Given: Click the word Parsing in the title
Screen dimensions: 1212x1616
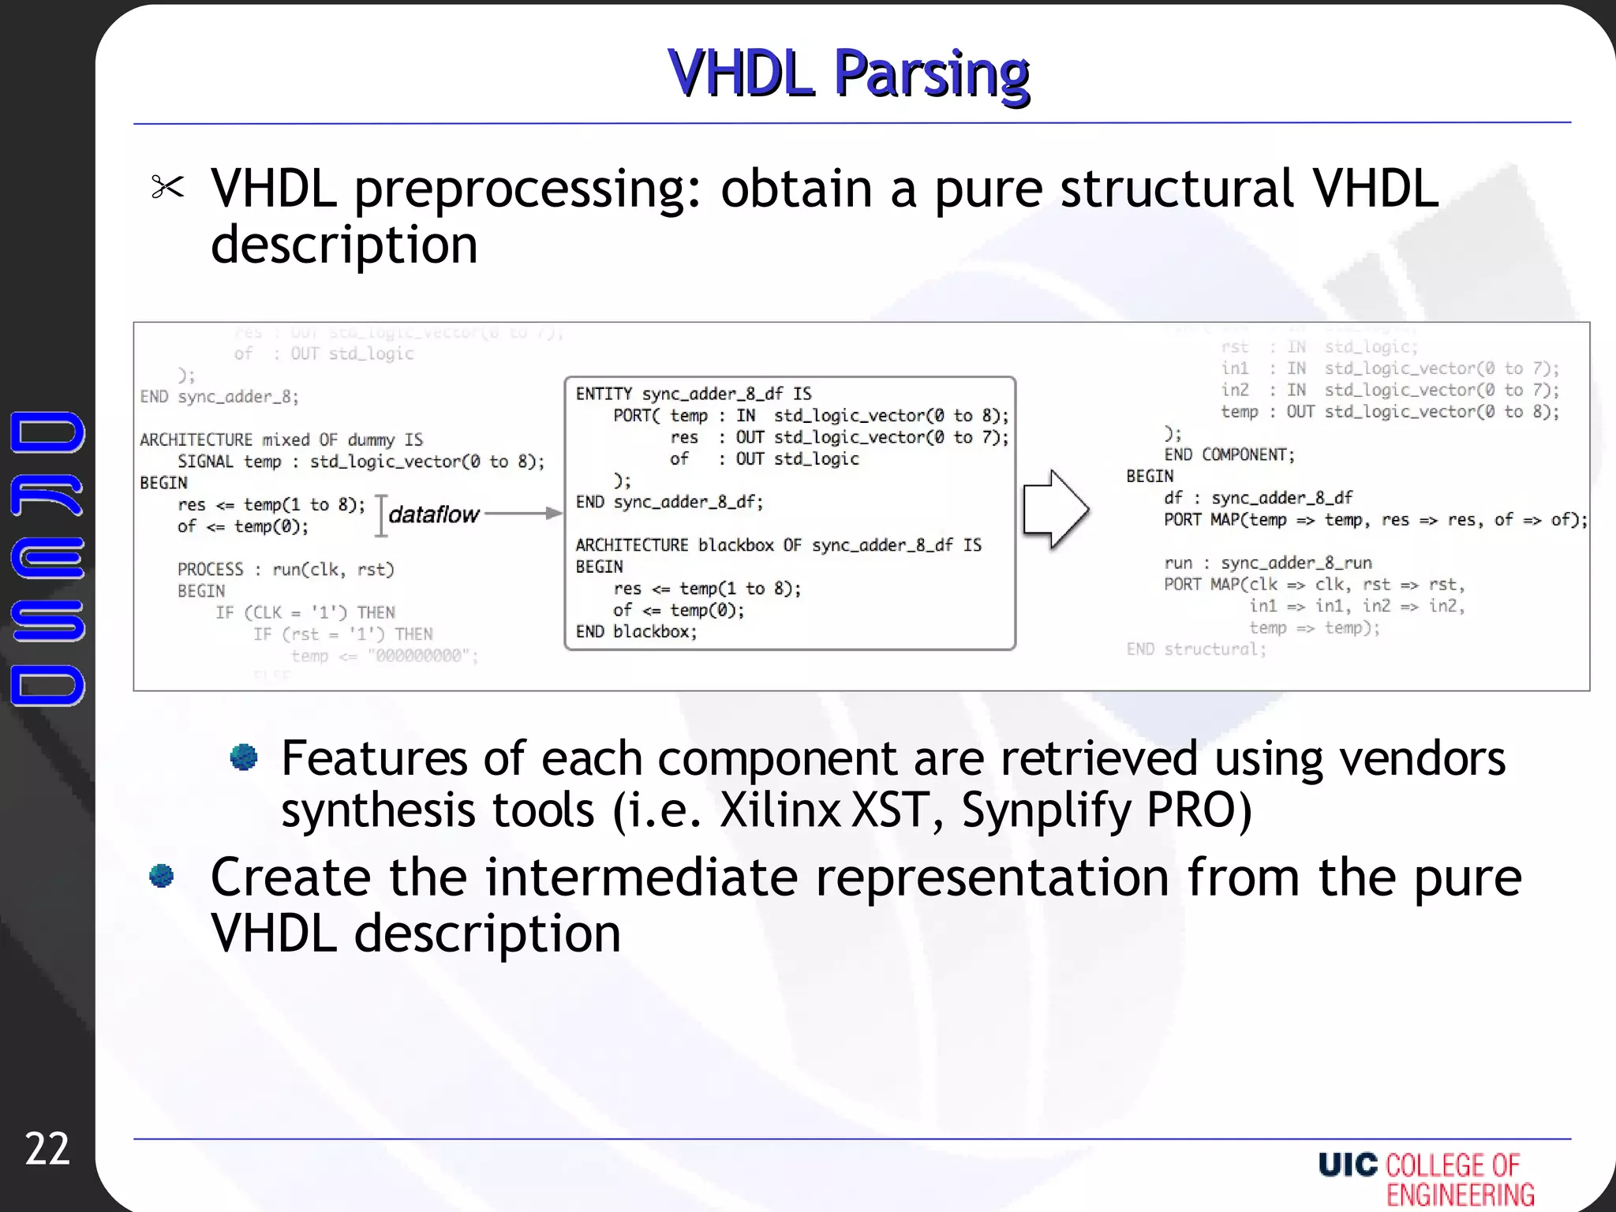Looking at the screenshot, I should point(931,73).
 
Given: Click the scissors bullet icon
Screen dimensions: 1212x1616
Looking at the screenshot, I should point(167,187).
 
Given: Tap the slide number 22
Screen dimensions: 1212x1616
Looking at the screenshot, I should point(47,1149).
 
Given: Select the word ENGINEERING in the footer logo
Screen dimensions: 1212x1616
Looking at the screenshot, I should point(1461,1195).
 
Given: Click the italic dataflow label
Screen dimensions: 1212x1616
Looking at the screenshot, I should point(433,514).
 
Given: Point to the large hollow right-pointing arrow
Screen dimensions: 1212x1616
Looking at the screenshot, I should point(1056,510).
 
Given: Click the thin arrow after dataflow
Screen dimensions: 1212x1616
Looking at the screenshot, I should point(522,513).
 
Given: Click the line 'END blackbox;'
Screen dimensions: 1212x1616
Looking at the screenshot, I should point(636,631).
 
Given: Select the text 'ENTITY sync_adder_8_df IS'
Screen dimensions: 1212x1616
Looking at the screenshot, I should point(693,394).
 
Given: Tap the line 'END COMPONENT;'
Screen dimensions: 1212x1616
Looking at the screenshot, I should point(1229,454).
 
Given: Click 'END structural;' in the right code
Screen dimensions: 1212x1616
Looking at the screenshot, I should point(1196,649).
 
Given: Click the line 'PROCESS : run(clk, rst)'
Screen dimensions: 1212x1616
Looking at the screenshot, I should point(286,569).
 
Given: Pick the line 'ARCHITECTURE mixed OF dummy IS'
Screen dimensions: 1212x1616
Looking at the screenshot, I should point(281,440).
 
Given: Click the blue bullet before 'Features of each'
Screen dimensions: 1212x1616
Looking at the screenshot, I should point(244,757).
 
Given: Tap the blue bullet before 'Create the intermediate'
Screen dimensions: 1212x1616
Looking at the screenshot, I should point(162,876).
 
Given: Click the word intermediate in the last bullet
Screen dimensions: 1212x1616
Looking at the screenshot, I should point(641,877).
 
